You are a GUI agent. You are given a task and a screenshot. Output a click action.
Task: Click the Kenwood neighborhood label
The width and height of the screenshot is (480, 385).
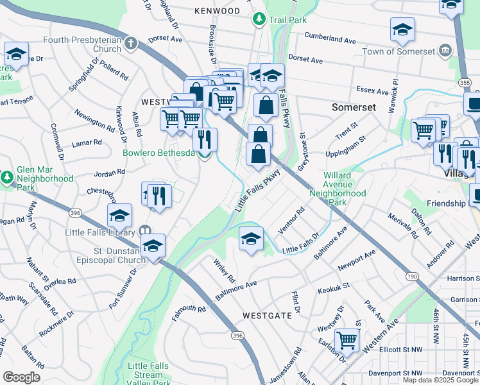[x=217, y=11]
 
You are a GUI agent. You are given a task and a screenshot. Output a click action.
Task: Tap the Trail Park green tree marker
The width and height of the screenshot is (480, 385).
[x=259, y=19]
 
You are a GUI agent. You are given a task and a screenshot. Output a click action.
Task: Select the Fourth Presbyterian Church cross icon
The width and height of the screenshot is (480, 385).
[x=131, y=44]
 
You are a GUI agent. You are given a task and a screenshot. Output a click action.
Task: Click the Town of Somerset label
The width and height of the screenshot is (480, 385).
[x=399, y=51]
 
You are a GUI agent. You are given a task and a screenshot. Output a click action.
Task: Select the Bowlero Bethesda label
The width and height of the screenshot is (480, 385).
[x=159, y=153]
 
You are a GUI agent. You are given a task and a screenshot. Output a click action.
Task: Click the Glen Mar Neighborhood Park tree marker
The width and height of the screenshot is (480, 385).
[x=7, y=175]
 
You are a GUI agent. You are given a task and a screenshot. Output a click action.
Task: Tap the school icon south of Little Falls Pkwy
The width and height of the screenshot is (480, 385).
[x=251, y=239]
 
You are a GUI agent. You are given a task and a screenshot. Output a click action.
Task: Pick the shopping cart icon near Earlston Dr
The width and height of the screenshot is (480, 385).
[x=347, y=338]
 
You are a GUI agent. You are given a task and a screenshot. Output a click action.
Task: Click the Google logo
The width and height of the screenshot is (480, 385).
[x=21, y=377]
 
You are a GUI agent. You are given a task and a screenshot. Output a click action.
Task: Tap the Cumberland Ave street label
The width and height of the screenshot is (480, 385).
[x=330, y=38]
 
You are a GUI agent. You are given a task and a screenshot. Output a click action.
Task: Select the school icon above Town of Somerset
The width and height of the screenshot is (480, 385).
[x=402, y=29]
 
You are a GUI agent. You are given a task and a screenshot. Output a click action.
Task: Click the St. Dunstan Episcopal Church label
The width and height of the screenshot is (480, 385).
[x=107, y=255]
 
